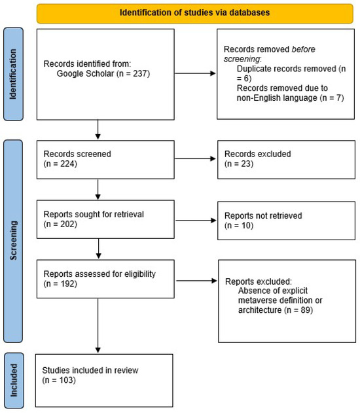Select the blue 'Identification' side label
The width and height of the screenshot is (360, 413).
point(14,73)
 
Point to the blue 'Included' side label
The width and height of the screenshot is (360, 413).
point(14,381)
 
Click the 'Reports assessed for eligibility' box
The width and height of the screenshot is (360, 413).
point(98,281)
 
